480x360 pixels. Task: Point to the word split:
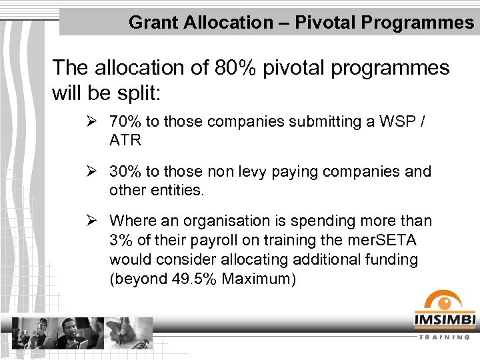137,93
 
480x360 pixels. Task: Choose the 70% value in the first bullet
125,122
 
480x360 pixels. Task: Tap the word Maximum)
258,279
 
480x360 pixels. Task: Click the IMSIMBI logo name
445,321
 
